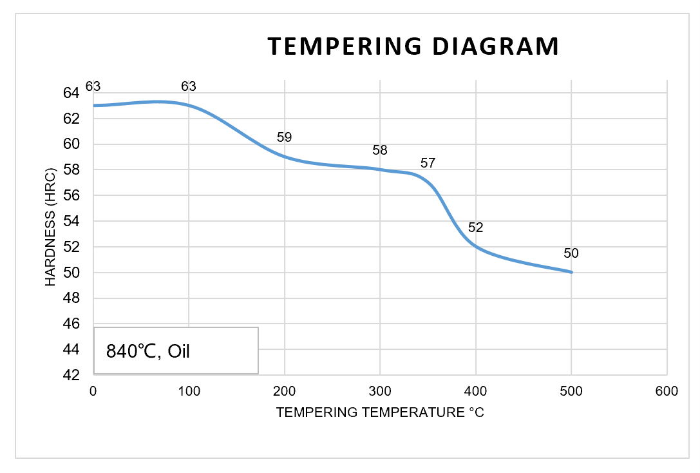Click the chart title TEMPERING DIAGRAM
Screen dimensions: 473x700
pyautogui.click(x=413, y=46)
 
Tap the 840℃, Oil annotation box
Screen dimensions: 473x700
pyautogui.click(x=176, y=351)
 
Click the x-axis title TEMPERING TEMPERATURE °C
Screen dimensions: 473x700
pyautogui.click(x=380, y=412)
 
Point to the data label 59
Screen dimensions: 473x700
pyautogui.click(x=284, y=137)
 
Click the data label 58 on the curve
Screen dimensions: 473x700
pyautogui.click(x=380, y=150)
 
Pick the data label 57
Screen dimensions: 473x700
pyautogui.click(x=428, y=163)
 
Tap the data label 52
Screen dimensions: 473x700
pyautogui.click(x=476, y=227)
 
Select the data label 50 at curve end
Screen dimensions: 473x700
pyautogui.click(x=571, y=253)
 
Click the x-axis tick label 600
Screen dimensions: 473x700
pyautogui.click(x=667, y=391)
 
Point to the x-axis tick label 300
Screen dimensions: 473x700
pyautogui.click(x=380, y=391)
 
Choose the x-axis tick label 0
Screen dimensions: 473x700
pyautogui.click(x=93, y=391)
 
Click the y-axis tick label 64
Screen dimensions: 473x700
pyautogui.click(x=71, y=93)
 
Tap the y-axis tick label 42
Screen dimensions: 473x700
pyautogui.click(x=71, y=375)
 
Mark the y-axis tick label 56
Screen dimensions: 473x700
pyautogui.click(x=71, y=195)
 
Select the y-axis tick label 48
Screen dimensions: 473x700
pyautogui.click(x=71, y=298)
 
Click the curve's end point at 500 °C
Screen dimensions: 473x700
pyautogui.click(x=571, y=272)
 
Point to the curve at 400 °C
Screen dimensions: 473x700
pyautogui.click(x=476, y=246)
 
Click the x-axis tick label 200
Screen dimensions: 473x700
pyautogui.click(x=284, y=391)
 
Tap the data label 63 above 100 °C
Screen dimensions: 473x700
pyautogui.click(x=188, y=86)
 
